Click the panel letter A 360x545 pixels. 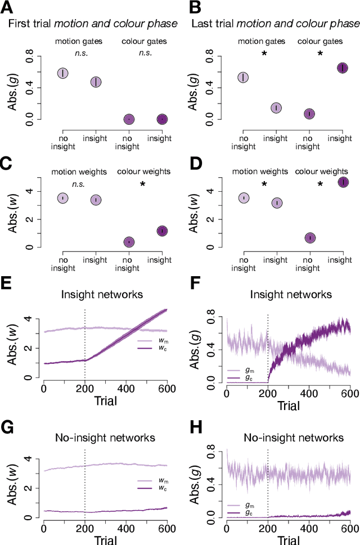8,8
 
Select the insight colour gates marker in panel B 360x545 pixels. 343,68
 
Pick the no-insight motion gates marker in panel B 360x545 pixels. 243,78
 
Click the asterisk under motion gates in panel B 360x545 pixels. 264,54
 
